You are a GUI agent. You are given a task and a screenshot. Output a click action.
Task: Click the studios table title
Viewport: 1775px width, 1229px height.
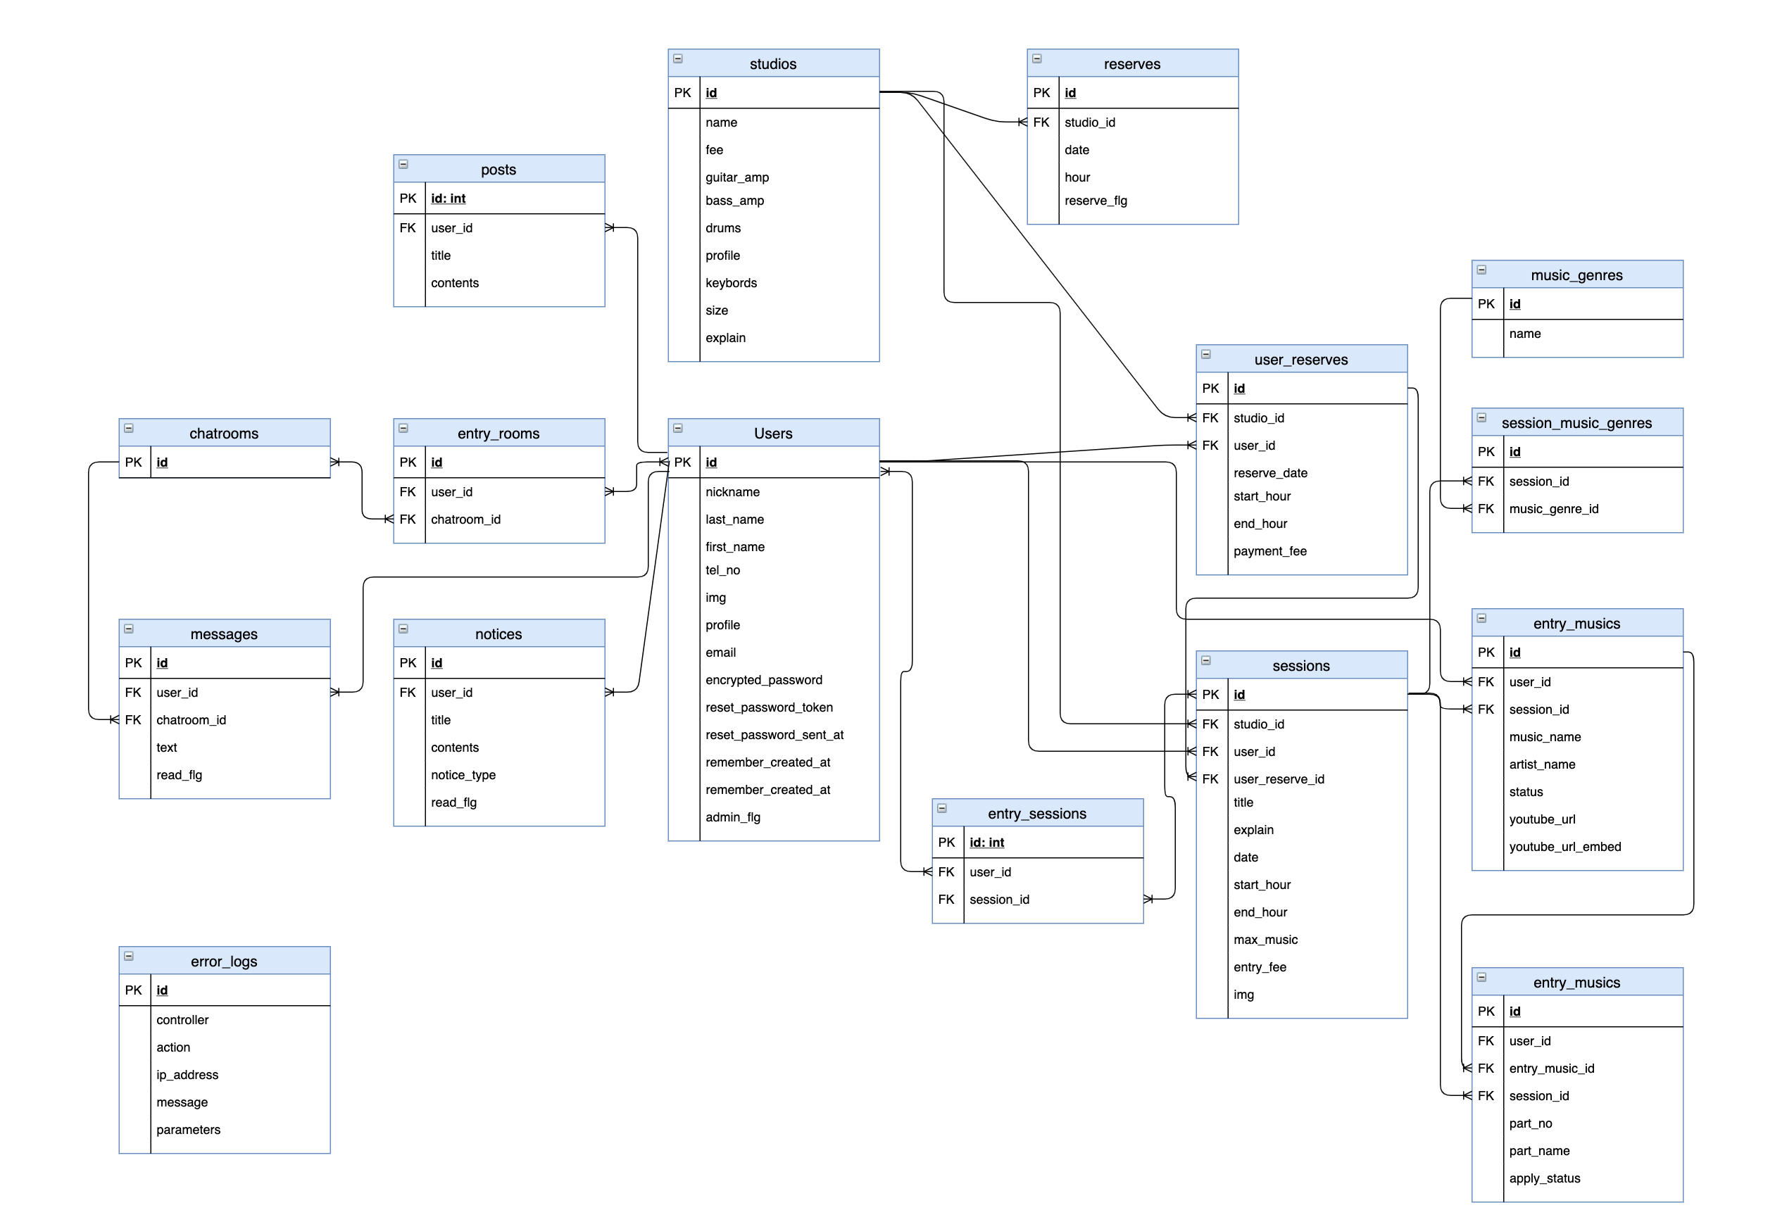772,64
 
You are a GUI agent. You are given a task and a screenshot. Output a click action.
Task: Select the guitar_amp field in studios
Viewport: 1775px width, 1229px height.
736,177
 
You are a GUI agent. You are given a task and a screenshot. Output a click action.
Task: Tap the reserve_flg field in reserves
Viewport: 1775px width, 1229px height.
1095,200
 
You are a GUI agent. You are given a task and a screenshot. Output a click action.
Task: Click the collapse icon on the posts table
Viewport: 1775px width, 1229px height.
403,164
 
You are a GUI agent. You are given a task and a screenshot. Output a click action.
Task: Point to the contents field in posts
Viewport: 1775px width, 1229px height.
454,282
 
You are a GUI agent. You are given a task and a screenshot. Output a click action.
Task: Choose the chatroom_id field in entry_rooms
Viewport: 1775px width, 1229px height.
465,519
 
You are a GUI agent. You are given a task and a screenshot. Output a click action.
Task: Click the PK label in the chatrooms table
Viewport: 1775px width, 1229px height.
133,462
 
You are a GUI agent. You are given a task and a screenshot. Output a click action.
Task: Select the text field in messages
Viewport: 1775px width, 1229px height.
166,747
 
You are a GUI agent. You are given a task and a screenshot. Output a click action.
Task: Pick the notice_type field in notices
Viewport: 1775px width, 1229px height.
463,775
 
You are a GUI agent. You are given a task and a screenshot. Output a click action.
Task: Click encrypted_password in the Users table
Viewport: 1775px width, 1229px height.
763,680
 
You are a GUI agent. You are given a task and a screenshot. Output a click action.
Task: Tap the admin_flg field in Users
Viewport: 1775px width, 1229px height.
732,817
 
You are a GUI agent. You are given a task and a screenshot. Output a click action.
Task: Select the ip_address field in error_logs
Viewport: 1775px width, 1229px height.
187,1074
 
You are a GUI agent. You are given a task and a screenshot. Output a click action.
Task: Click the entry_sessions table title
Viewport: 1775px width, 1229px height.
1036,814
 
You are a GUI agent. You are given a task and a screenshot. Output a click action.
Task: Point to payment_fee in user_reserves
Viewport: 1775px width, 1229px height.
1269,550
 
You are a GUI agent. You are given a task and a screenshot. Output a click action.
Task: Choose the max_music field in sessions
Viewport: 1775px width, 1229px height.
1265,940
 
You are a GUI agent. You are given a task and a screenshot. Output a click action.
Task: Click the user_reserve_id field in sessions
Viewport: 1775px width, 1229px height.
1279,779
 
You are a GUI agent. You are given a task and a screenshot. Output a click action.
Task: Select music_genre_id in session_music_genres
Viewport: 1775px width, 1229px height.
1553,508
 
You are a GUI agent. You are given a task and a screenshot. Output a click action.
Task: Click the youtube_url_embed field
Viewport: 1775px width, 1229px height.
1564,846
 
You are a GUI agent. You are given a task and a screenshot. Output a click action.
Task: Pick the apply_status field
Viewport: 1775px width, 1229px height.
1544,1178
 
